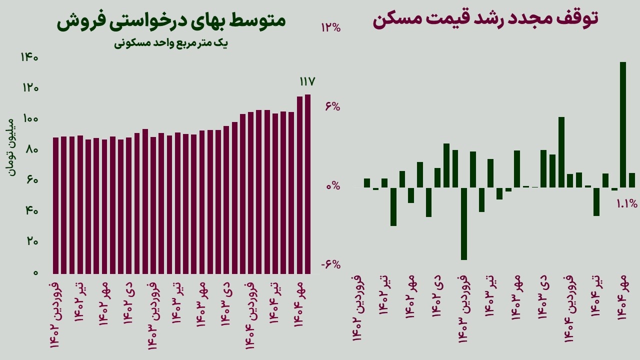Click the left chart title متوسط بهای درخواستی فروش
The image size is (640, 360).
point(171,21)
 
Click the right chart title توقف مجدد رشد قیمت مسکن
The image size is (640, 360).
point(485,19)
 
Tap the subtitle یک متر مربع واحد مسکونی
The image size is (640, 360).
point(171,43)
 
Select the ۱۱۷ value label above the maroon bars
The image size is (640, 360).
point(307,81)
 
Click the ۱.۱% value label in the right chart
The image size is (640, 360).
point(626,203)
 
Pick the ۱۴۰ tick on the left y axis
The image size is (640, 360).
point(29,57)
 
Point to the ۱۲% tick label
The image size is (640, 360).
point(330,27)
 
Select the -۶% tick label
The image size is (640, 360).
point(330,264)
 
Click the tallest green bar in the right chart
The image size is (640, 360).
point(623,124)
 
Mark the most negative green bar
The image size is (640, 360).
point(464,223)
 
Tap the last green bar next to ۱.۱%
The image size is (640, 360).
point(632,180)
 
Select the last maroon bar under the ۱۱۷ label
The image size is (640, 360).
point(308,183)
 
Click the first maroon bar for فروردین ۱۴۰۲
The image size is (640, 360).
point(56,205)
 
